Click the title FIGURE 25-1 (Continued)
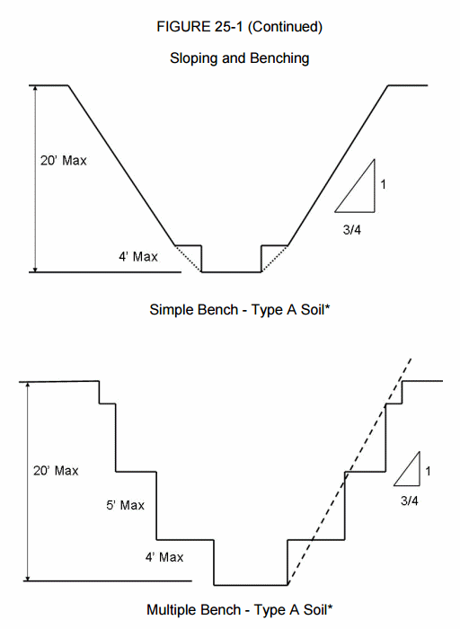[x=239, y=27]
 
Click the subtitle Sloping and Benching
[x=239, y=58]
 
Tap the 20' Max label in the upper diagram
[x=64, y=161]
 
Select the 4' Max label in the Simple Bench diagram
[x=138, y=256]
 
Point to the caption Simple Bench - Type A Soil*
[x=239, y=310]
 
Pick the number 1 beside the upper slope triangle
[x=383, y=184]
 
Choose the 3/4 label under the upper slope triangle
[x=351, y=230]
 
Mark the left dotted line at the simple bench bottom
[x=188, y=259]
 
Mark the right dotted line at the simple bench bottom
[x=275, y=259]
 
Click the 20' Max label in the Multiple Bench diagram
[x=56, y=471]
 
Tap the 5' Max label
[x=125, y=505]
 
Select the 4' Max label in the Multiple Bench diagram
[x=164, y=557]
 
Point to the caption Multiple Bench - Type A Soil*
[x=239, y=610]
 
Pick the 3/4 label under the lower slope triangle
[x=409, y=501]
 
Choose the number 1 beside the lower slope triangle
[x=428, y=471]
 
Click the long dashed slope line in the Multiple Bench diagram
[x=349, y=472]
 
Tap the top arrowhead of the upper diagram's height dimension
[x=35, y=89]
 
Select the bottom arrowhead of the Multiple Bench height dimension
[x=28, y=578]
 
